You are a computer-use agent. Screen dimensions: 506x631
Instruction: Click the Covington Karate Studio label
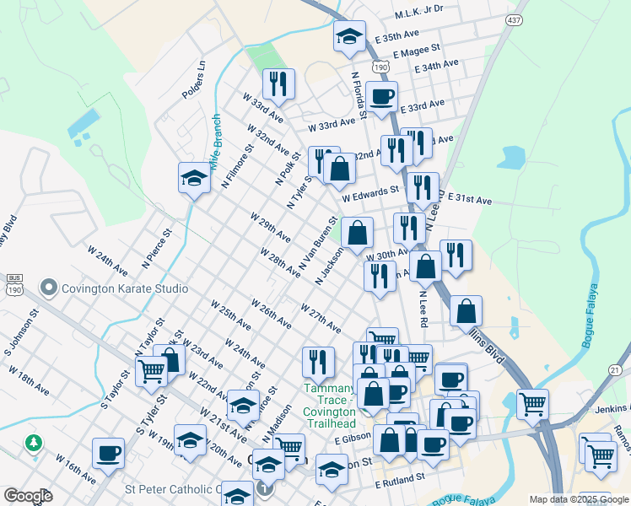tap(126, 288)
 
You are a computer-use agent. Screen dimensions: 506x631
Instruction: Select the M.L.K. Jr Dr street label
tap(419, 9)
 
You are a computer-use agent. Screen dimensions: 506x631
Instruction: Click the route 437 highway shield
tap(512, 19)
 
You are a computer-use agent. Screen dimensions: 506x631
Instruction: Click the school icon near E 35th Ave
tap(349, 36)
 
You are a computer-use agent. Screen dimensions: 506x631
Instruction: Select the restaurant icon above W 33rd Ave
tap(278, 83)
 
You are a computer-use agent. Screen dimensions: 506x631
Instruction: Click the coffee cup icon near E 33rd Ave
tap(381, 97)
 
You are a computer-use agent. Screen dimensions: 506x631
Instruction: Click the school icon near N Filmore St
tap(194, 178)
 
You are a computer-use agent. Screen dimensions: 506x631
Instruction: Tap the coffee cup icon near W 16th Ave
tap(108, 453)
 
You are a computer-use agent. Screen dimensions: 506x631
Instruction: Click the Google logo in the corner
tap(28, 496)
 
